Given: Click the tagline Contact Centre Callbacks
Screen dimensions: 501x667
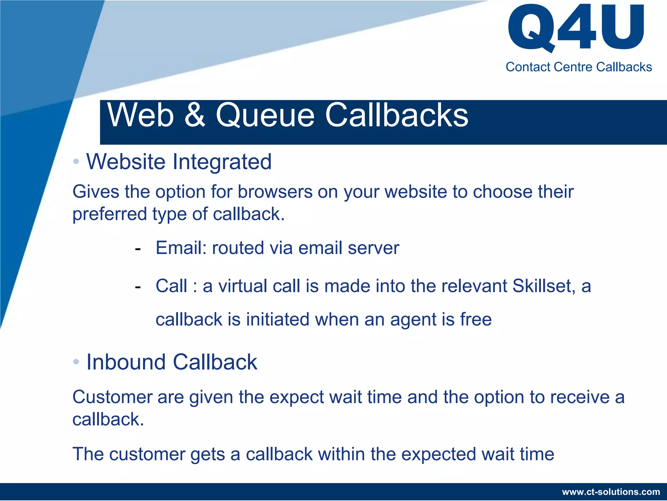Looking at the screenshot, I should [578, 67].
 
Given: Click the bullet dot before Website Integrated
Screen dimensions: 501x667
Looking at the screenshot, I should [76, 161].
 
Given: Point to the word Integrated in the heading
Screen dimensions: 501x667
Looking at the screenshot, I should [222, 162].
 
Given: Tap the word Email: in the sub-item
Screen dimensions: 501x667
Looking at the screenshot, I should [181, 248].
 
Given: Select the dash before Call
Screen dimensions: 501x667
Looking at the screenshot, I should [138, 287].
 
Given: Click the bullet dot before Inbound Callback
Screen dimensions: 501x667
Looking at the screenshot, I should [76, 361].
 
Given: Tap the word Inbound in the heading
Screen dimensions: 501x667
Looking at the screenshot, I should [126, 362].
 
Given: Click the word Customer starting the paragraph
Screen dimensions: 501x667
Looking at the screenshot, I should [112, 397].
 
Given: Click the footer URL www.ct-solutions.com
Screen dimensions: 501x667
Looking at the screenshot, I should [611, 492].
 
